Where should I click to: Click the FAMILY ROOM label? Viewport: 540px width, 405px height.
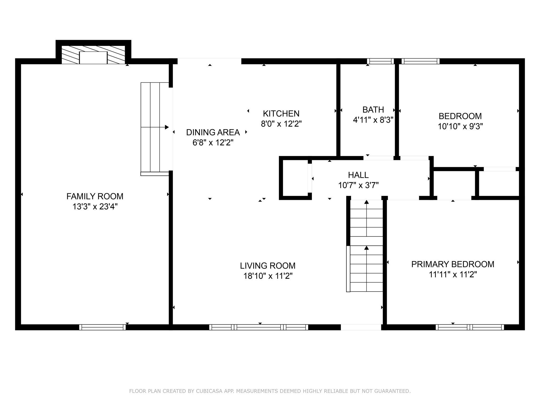[95, 196]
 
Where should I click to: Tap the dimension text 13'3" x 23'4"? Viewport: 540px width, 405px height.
[95, 207]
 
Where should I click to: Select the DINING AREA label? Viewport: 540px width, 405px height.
[213, 132]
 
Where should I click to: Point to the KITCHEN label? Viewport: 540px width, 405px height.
[281, 113]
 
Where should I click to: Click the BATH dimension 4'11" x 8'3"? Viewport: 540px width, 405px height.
[373, 120]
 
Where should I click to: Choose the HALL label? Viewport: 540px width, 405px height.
[358, 175]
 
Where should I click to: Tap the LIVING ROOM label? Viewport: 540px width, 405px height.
[268, 266]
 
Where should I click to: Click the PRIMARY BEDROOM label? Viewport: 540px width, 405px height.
[453, 264]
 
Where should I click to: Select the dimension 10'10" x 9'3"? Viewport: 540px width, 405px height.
[460, 127]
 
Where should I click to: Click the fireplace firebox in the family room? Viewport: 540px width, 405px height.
[93, 58]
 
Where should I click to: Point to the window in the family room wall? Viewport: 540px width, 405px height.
[103, 327]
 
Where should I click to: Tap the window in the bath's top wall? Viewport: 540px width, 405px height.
[380, 61]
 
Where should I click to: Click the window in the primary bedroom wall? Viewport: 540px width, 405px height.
[470, 327]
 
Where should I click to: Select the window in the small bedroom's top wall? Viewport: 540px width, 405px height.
[421, 61]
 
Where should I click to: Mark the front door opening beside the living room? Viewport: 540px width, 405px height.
[361, 327]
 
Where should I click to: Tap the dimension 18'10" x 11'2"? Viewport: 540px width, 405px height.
[268, 276]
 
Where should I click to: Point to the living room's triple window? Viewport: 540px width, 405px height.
[259, 327]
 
